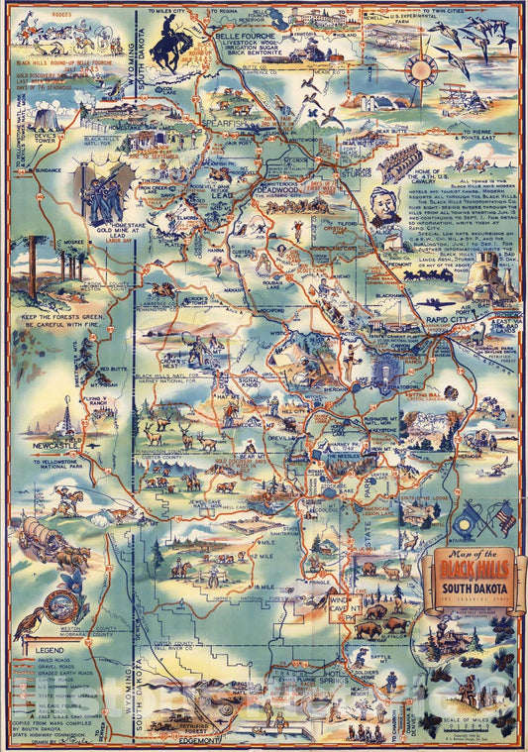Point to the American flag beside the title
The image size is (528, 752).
504,516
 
